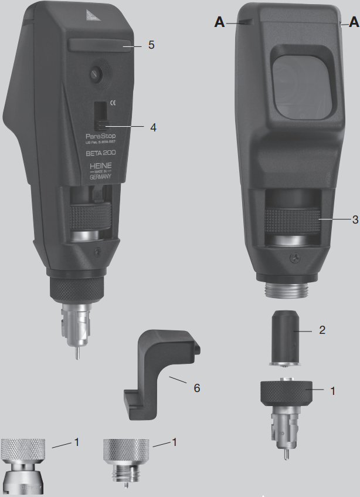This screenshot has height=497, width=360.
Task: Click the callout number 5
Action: tap(151, 45)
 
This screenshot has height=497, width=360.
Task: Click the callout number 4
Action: tap(154, 126)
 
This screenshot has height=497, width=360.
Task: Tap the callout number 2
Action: tap(321, 330)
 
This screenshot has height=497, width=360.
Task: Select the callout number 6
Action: tap(196, 388)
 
